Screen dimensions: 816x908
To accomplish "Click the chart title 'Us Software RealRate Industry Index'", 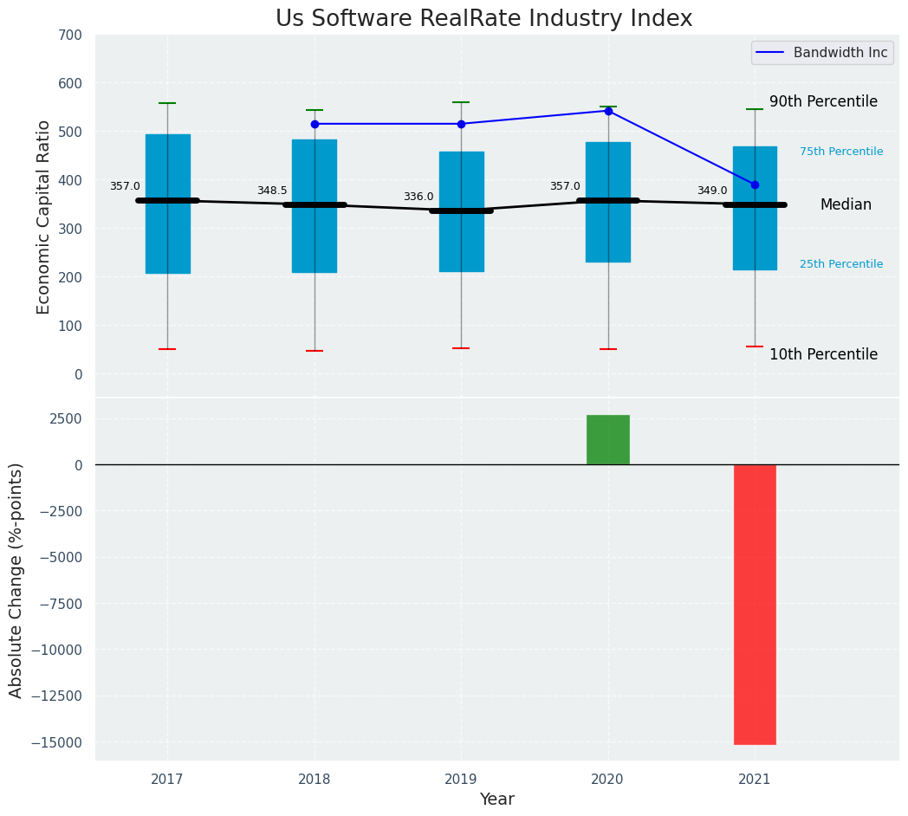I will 483,19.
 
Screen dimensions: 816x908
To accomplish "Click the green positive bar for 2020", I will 608,440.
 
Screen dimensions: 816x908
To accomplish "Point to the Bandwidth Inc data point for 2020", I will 608,111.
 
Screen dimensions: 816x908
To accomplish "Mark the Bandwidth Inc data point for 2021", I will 755,185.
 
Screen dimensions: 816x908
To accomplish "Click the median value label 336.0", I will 418,197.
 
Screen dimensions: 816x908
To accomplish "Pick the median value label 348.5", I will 272,191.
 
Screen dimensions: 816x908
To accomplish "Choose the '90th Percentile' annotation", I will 823,101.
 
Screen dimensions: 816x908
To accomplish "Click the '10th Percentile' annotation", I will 823,354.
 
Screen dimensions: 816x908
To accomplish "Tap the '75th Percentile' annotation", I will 841,152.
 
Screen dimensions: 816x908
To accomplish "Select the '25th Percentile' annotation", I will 841,264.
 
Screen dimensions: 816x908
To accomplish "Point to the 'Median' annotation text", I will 846,204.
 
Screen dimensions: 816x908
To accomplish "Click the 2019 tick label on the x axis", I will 461,780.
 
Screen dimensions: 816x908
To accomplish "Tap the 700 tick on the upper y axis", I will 70,35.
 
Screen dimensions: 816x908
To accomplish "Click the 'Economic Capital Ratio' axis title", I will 44,217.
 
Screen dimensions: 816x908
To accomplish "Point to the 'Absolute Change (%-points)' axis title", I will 16,580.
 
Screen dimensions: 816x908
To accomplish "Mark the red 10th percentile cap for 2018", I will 315,351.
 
